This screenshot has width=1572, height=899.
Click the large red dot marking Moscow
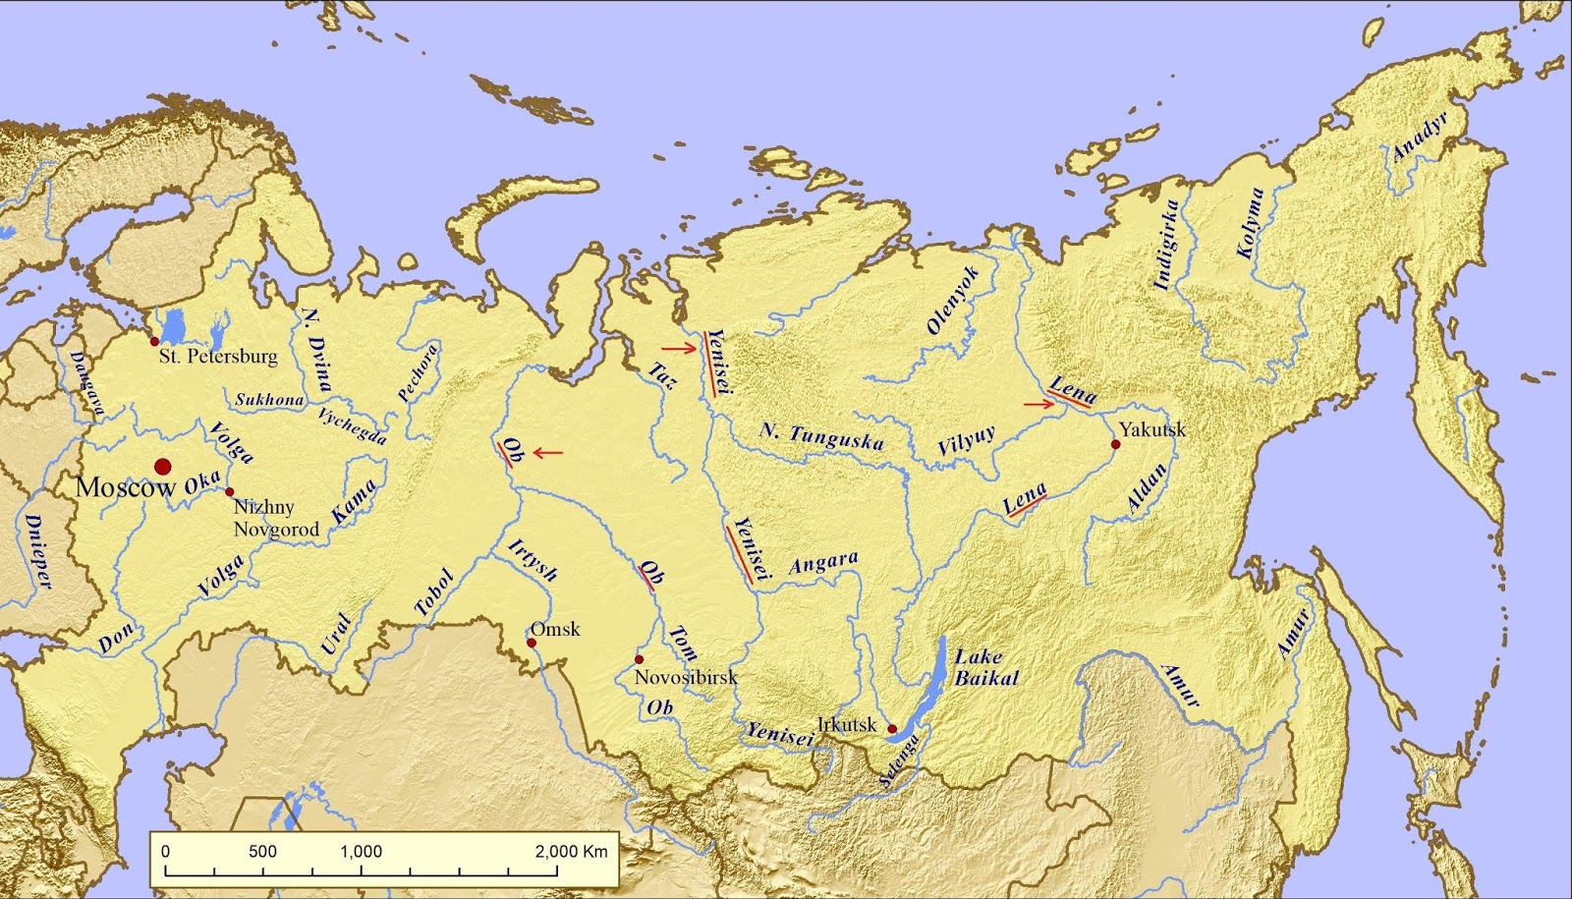coord(163,466)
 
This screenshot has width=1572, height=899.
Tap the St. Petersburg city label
coord(218,357)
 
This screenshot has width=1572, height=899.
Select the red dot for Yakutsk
coord(1115,444)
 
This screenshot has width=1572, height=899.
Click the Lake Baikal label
coord(985,667)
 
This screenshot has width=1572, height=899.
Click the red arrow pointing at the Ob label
coord(547,453)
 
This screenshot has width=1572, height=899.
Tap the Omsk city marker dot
coord(531,643)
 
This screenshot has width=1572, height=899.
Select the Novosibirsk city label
coord(685,677)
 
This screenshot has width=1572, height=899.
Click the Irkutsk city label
coord(846,724)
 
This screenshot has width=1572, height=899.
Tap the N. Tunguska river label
coord(821,435)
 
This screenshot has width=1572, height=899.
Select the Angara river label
coord(823,562)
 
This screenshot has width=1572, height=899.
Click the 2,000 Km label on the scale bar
coord(571,851)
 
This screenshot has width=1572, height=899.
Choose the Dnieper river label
coord(37,551)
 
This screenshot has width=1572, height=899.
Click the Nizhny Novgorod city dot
coord(230,491)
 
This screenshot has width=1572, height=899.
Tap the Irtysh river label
coord(533,560)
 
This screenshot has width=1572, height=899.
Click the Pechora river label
coord(417,372)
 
